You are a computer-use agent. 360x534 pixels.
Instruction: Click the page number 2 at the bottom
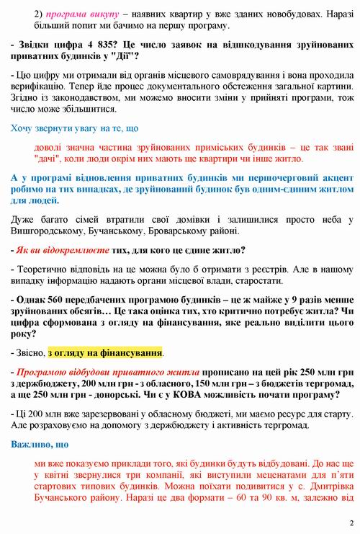click(x=350, y=523)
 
